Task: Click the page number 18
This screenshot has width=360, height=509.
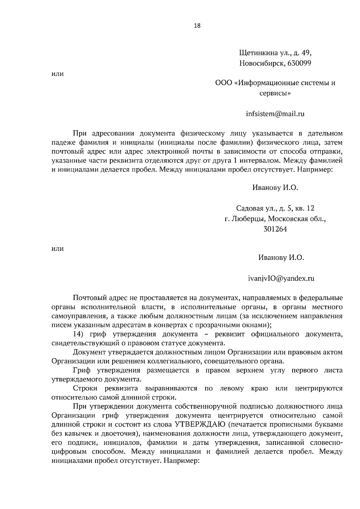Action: [x=197, y=25]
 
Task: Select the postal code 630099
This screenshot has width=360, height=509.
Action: [x=299, y=63]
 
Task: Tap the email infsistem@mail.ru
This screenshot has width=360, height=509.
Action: [x=275, y=114]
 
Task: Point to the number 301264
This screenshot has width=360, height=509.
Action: [x=275, y=229]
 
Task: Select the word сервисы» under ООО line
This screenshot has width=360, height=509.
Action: [x=275, y=93]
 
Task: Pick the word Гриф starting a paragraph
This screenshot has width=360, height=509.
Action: [x=82, y=370]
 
